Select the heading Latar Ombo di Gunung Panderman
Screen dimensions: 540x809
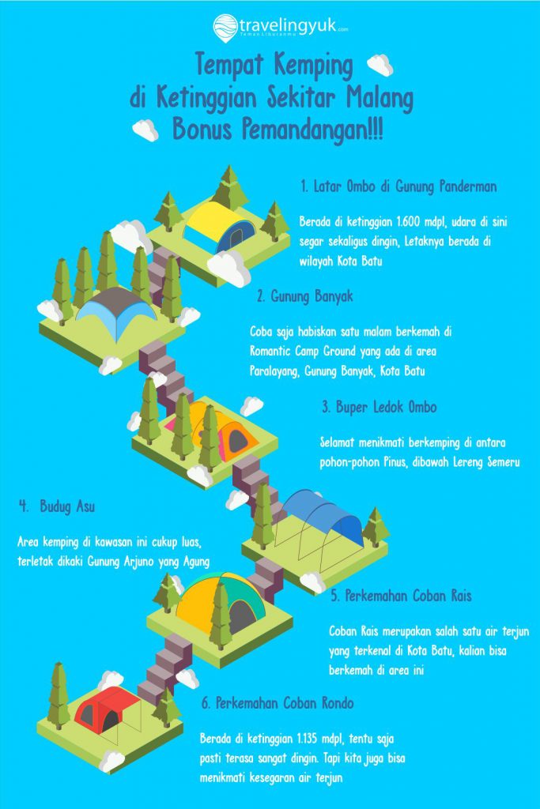(x=398, y=186)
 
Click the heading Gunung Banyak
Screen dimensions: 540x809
(x=305, y=296)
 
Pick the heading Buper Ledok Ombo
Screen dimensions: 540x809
(x=380, y=407)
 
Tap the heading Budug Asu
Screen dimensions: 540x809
(x=57, y=506)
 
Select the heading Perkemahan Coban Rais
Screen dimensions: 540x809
(x=401, y=596)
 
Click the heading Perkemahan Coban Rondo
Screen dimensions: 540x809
(x=278, y=703)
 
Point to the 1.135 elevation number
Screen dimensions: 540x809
(x=308, y=739)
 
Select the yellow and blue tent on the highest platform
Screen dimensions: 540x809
(x=220, y=227)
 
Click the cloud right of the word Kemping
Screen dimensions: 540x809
(x=380, y=65)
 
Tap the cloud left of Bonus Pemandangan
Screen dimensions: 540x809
(x=146, y=130)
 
